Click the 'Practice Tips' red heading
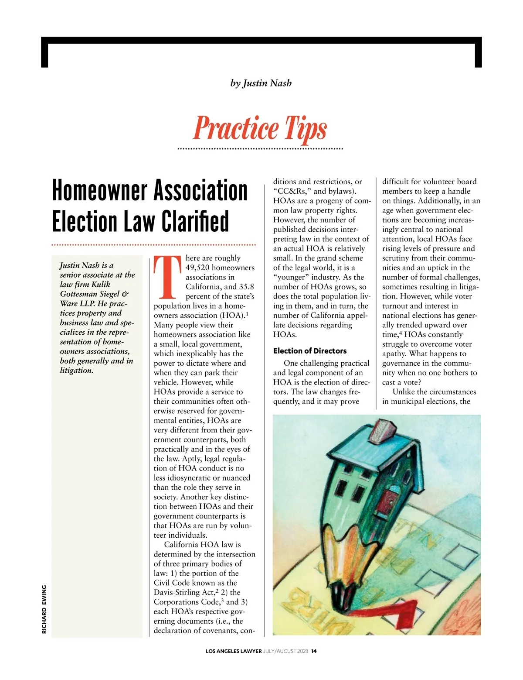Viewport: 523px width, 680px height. click(x=260, y=128)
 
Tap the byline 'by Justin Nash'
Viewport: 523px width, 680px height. click(x=261, y=83)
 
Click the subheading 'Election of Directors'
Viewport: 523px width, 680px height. click(x=309, y=351)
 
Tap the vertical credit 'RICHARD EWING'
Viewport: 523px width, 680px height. click(x=44, y=609)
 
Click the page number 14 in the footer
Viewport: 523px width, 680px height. click(x=314, y=651)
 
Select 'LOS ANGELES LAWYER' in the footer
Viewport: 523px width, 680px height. click(x=234, y=651)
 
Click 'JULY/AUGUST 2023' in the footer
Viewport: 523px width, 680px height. click(x=286, y=651)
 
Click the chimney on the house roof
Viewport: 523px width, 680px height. click(x=383, y=430)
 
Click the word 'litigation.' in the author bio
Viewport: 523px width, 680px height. click(x=77, y=371)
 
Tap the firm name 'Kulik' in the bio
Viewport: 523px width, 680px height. click(x=101, y=284)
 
